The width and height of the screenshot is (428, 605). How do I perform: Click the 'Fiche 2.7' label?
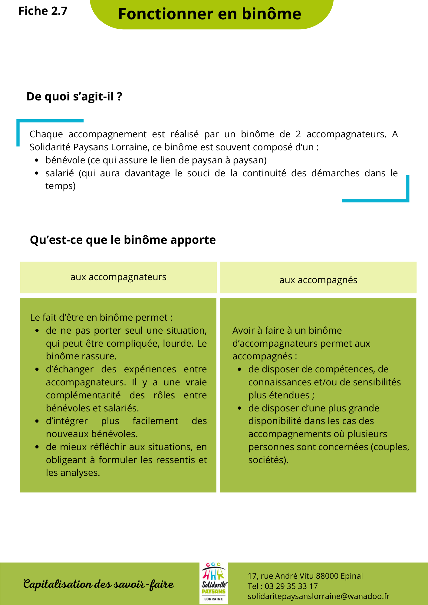[43, 11]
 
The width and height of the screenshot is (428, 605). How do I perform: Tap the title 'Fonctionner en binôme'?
[209, 14]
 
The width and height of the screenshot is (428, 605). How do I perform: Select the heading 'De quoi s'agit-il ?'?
[74, 96]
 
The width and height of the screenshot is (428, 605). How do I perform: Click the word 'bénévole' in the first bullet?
[65, 160]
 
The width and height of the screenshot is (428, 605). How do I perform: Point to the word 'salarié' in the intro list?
[60, 173]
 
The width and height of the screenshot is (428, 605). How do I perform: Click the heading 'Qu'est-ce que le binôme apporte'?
[123, 240]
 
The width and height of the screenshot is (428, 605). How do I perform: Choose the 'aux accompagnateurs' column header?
[118, 277]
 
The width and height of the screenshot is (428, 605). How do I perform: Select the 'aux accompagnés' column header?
[318, 280]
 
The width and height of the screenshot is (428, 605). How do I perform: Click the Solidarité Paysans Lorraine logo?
[213, 583]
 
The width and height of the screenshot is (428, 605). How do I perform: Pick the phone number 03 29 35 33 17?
[291, 586]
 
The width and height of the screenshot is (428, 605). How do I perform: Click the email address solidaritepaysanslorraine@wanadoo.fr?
[318, 596]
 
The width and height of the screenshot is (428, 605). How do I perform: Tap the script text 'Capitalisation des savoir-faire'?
[99, 584]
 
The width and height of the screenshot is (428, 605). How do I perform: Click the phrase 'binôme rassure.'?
[81, 356]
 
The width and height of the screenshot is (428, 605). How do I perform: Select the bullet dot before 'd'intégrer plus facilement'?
[37, 421]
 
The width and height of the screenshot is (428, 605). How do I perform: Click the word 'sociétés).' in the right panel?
[268, 460]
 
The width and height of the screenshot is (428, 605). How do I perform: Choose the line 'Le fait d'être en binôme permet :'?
[101, 318]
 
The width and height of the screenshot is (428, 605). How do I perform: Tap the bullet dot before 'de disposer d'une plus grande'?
[239, 408]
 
